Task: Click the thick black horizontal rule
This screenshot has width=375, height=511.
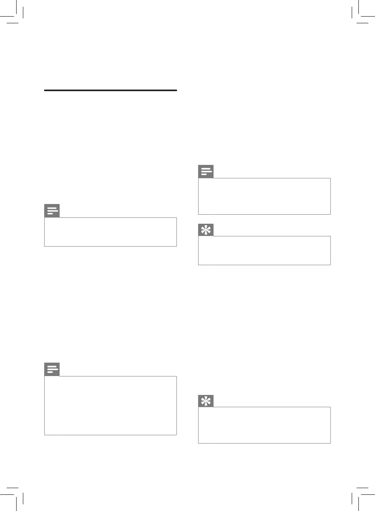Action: click(x=111, y=90)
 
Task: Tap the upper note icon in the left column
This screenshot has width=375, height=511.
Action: click(x=52, y=211)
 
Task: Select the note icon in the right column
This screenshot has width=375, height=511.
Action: click(x=206, y=172)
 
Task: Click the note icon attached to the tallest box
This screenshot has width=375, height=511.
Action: click(x=52, y=369)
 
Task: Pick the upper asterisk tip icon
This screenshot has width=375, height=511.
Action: click(x=206, y=230)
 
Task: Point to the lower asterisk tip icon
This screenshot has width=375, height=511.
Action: click(x=206, y=401)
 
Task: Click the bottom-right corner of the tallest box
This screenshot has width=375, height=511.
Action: click(x=176, y=434)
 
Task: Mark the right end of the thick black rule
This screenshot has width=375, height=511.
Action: click(x=176, y=90)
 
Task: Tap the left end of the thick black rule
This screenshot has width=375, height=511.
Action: click(x=45, y=90)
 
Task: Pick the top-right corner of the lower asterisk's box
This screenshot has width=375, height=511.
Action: click(x=330, y=407)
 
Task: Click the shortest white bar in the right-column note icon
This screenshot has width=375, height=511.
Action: click(x=204, y=174)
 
